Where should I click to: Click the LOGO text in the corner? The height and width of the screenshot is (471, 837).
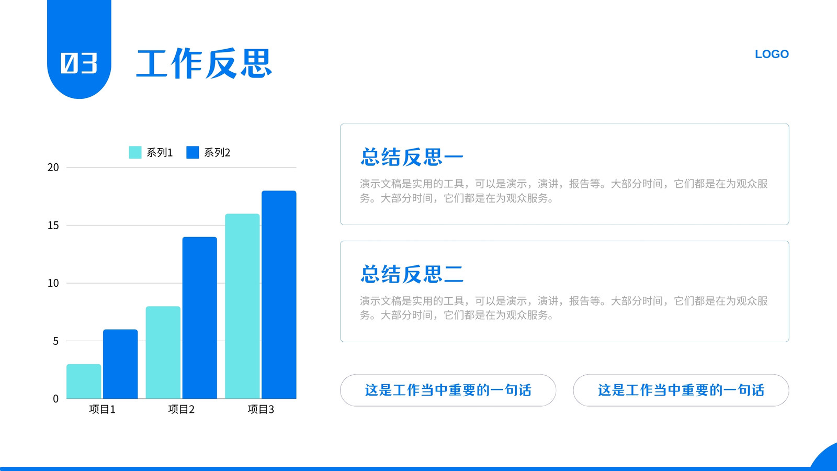coord(772,54)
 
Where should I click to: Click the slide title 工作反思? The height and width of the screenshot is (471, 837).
coord(204,63)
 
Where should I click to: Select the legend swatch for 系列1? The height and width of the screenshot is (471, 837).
coord(135,152)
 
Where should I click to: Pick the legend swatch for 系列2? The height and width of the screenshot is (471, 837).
coord(193,152)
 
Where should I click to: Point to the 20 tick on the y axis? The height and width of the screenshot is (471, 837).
coord(53,167)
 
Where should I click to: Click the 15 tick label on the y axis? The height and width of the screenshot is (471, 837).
coord(53,226)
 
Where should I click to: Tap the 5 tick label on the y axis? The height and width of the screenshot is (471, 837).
coord(55,341)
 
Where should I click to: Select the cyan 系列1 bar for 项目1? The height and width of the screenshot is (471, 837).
coord(84,382)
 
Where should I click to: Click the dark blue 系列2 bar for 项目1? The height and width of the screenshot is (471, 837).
coord(120,364)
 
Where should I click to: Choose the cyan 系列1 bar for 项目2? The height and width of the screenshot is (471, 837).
coord(163,353)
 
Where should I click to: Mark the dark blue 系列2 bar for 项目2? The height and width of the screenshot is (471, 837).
coord(199,318)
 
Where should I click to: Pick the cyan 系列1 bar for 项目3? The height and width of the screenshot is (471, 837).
coord(242,306)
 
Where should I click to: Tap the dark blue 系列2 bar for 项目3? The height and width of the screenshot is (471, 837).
coord(279,295)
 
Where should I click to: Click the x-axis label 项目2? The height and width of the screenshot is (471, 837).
coord(181,410)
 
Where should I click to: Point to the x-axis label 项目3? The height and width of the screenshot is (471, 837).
coord(261,410)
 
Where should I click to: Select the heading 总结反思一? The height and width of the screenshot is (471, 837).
coord(412,157)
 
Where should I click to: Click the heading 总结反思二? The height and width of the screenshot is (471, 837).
coord(412,274)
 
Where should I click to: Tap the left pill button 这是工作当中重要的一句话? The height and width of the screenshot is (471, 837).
coord(448,390)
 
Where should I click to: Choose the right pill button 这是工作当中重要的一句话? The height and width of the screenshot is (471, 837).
coord(681,390)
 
